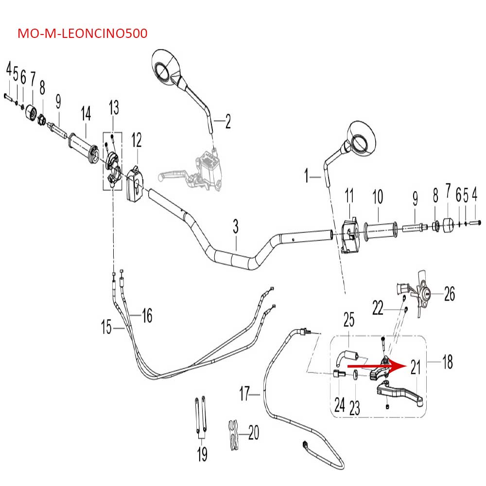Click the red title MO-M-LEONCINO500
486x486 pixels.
82,34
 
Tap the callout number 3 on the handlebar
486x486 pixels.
236,226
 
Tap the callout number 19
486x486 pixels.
202,454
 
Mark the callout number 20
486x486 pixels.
254,432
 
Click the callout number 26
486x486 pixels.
450,294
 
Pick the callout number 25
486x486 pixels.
349,320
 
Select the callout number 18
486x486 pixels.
447,361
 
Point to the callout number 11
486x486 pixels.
350,196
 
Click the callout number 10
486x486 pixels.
378,197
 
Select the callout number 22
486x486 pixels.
378,307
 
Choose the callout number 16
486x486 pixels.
147,315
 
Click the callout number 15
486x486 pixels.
106,328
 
